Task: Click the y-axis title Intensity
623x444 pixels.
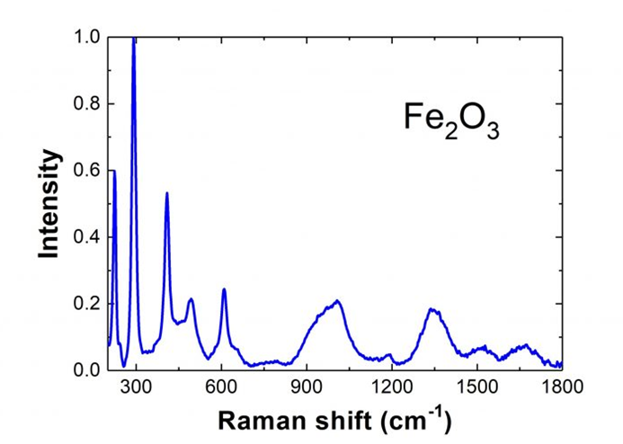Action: tap(50, 204)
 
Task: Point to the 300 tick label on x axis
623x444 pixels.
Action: tap(136, 387)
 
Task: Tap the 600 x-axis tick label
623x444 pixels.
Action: tap(221, 387)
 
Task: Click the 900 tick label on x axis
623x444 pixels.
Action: tap(307, 387)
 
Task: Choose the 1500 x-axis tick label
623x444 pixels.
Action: tap(476, 387)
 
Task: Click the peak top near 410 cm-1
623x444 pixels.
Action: tap(167, 193)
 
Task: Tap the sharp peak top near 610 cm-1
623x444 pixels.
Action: tap(224, 289)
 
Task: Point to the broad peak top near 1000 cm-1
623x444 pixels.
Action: tap(337, 301)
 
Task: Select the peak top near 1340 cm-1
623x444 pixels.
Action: tap(432, 310)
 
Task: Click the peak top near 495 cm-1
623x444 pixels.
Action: tap(191, 299)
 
